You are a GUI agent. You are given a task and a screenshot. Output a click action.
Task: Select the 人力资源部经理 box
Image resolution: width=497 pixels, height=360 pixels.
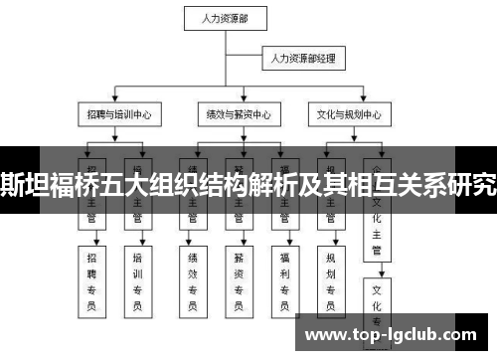[303, 59]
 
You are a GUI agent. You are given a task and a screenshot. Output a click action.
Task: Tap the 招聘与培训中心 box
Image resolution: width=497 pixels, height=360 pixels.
[118, 113]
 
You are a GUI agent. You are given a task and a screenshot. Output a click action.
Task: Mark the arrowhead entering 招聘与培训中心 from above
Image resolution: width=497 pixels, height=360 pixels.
[118, 100]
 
